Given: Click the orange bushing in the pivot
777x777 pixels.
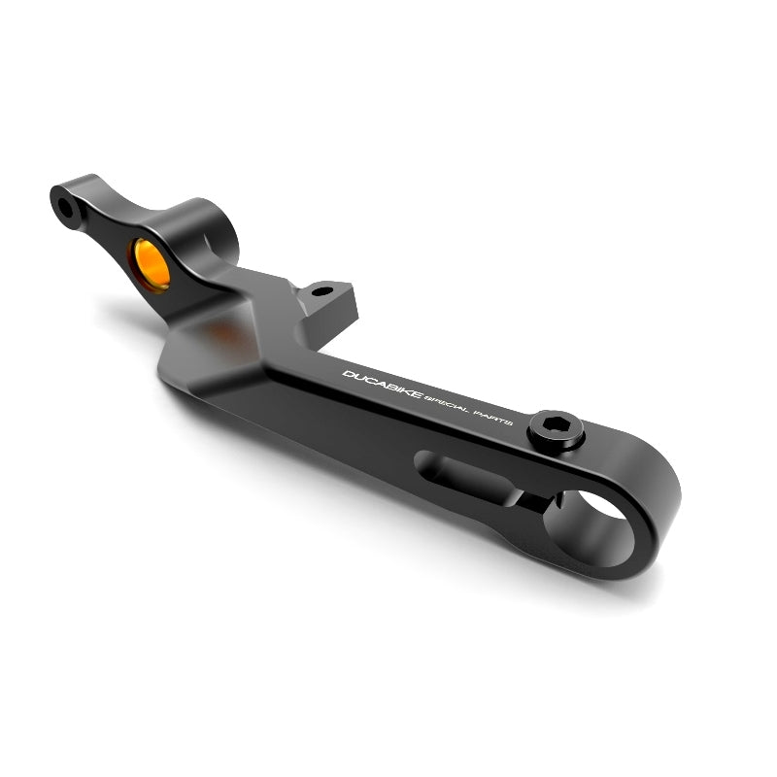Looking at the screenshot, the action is click(151, 264).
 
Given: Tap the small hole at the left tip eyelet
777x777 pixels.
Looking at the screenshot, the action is click(65, 207).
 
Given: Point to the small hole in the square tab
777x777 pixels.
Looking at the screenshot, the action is click(322, 291).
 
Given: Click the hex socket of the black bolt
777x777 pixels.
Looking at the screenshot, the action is click(554, 424).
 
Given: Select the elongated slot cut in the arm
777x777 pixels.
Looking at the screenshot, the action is click(459, 475).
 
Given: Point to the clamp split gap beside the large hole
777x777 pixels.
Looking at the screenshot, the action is click(534, 499).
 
